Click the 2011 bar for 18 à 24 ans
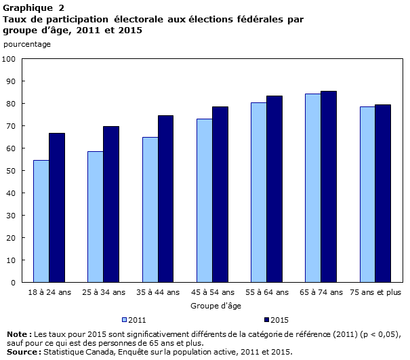(x=41, y=221)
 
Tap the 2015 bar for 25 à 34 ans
(x=111, y=204)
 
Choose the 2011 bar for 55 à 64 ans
(x=258, y=192)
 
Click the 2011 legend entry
(x=135, y=319)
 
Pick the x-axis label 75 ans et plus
(x=375, y=292)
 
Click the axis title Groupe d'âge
(x=212, y=306)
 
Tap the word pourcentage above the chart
(x=27, y=44)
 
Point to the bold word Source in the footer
(x=22, y=351)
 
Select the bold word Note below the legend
(x=18, y=334)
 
